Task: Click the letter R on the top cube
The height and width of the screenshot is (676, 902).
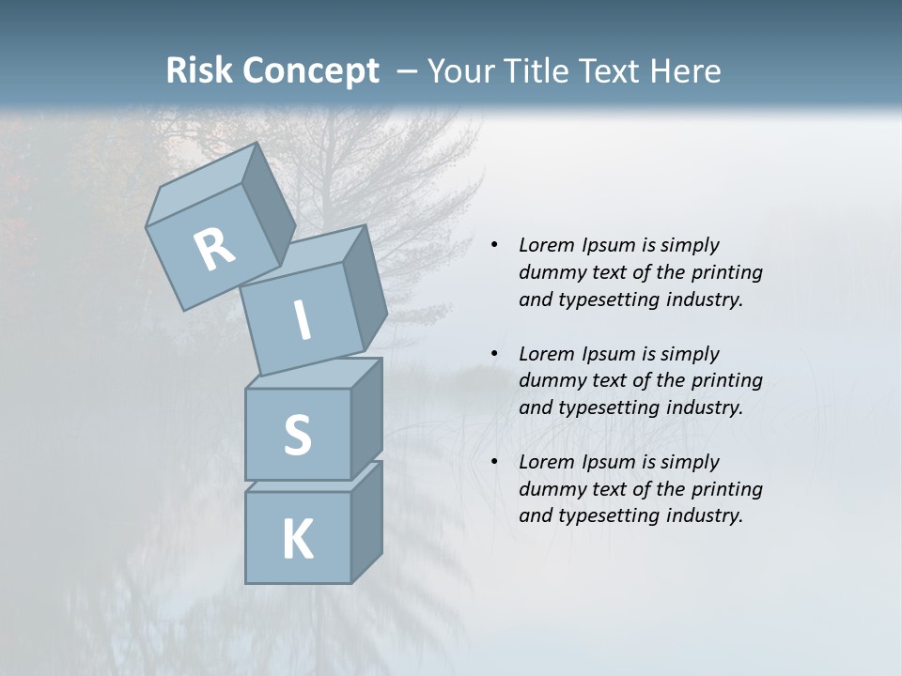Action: [214, 249]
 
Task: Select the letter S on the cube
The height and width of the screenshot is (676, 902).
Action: [297, 435]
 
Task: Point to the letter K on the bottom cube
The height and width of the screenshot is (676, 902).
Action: [297, 540]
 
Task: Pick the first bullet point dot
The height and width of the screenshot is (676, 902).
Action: [494, 246]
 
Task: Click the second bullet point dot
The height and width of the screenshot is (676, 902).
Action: [494, 354]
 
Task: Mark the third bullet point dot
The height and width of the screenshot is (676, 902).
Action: [494, 462]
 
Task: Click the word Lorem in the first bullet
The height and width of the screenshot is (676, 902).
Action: [546, 245]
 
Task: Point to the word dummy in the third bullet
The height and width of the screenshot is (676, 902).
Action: [549, 488]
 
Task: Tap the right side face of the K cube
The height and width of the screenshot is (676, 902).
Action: [366, 521]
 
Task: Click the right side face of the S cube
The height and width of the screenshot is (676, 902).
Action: [366, 418]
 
